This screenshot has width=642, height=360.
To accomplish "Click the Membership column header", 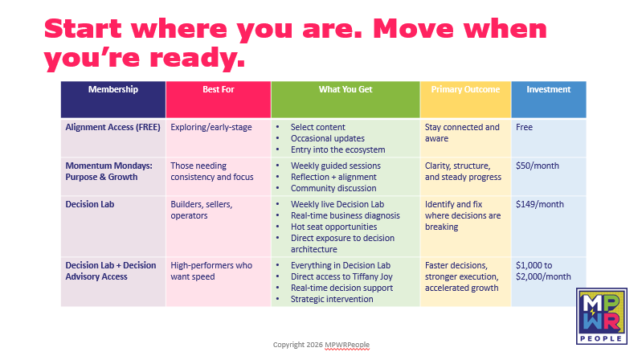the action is tap(113, 89).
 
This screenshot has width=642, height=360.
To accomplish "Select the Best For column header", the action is tap(219, 89).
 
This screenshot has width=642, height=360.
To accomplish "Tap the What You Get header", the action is tap(346, 89).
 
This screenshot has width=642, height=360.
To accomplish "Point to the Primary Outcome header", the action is tap(465, 89).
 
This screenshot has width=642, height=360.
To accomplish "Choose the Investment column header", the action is tap(548, 89).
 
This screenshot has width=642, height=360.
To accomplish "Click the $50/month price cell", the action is tap(538, 166).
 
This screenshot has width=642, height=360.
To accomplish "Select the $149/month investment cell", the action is tap(540, 204).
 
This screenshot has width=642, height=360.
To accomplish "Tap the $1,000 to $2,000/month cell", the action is tap(543, 271).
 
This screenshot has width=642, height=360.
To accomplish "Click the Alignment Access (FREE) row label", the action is tap(113, 128).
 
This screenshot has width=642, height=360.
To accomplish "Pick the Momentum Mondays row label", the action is tap(109, 172).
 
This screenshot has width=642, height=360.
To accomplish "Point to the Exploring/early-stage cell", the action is tap(211, 128).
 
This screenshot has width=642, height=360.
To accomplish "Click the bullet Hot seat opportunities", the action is tap(333, 227).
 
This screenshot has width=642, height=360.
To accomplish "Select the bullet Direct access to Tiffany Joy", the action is tap(341, 277).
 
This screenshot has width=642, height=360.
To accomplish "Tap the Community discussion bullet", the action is tap(333, 188).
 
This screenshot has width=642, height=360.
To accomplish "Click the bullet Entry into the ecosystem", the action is tap(337, 150).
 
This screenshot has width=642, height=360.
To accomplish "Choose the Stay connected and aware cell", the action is tap(462, 133).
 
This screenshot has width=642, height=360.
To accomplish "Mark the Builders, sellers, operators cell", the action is tap(202, 210).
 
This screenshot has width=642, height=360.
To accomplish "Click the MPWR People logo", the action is tap(602, 316).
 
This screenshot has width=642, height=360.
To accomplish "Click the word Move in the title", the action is tap(413, 29).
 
